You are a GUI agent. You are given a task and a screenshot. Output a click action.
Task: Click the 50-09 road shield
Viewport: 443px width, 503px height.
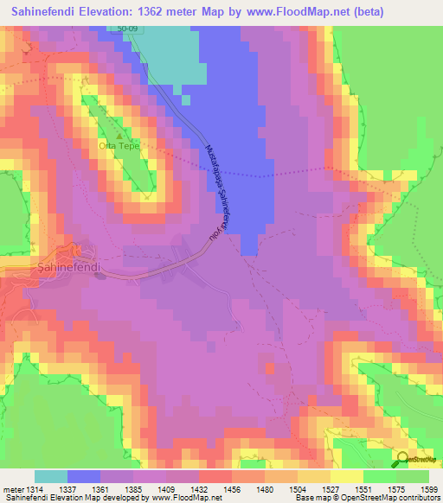click(x=129, y=29)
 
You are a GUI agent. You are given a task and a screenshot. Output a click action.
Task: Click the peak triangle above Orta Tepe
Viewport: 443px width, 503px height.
click(x=119, y=135)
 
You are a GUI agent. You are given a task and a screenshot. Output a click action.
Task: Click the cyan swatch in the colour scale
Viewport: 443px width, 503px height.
click(x=51, y=476)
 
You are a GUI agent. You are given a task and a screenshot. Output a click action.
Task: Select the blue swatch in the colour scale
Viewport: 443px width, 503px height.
click(x=84, y=476)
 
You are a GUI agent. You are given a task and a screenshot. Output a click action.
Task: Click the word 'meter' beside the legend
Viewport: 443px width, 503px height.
click(x=13, y=489)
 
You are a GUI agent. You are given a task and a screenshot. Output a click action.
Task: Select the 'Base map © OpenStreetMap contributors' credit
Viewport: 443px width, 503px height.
click(x=364, y=498)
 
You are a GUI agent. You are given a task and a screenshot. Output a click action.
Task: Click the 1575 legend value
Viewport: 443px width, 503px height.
click(x=395, y=489)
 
